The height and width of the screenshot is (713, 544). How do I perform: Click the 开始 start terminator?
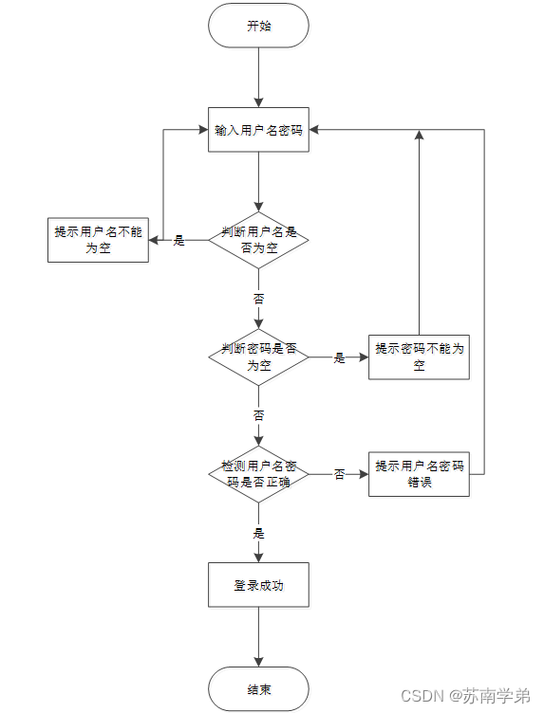click(x=258, y=26)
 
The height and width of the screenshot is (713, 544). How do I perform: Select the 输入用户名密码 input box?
click(x=258, y=129)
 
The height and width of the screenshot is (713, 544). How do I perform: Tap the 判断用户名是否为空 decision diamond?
click(x=258, y=240)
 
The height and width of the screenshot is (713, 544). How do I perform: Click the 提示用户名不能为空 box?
click(x=99, y=240)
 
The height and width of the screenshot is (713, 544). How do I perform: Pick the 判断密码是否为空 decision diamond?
click(x=258, y=356)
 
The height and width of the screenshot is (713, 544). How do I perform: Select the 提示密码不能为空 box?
click(x=419, y=356)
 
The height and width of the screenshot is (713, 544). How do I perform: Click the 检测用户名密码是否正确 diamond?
click(x=258, y=473)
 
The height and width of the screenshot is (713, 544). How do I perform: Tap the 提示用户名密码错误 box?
click(x=419, y=473)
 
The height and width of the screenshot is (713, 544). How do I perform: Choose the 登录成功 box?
click(x=258, y=585)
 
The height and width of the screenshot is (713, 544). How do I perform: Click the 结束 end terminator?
click(x=258, y=688)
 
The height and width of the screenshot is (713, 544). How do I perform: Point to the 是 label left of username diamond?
click(x=178, y=241)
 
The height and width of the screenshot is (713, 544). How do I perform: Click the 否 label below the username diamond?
click(x=258, y=298)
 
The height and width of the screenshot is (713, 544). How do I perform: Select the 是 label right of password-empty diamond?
click(x=339, y=357)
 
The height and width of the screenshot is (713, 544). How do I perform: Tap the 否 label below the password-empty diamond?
click(x=258, y=415)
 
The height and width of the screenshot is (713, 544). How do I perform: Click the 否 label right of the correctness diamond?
click(x=339, y=474)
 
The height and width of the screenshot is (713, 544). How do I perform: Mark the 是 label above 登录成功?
click(x=258, y=533)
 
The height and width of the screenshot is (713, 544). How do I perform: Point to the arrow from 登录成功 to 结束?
click(x=258, y=637)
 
